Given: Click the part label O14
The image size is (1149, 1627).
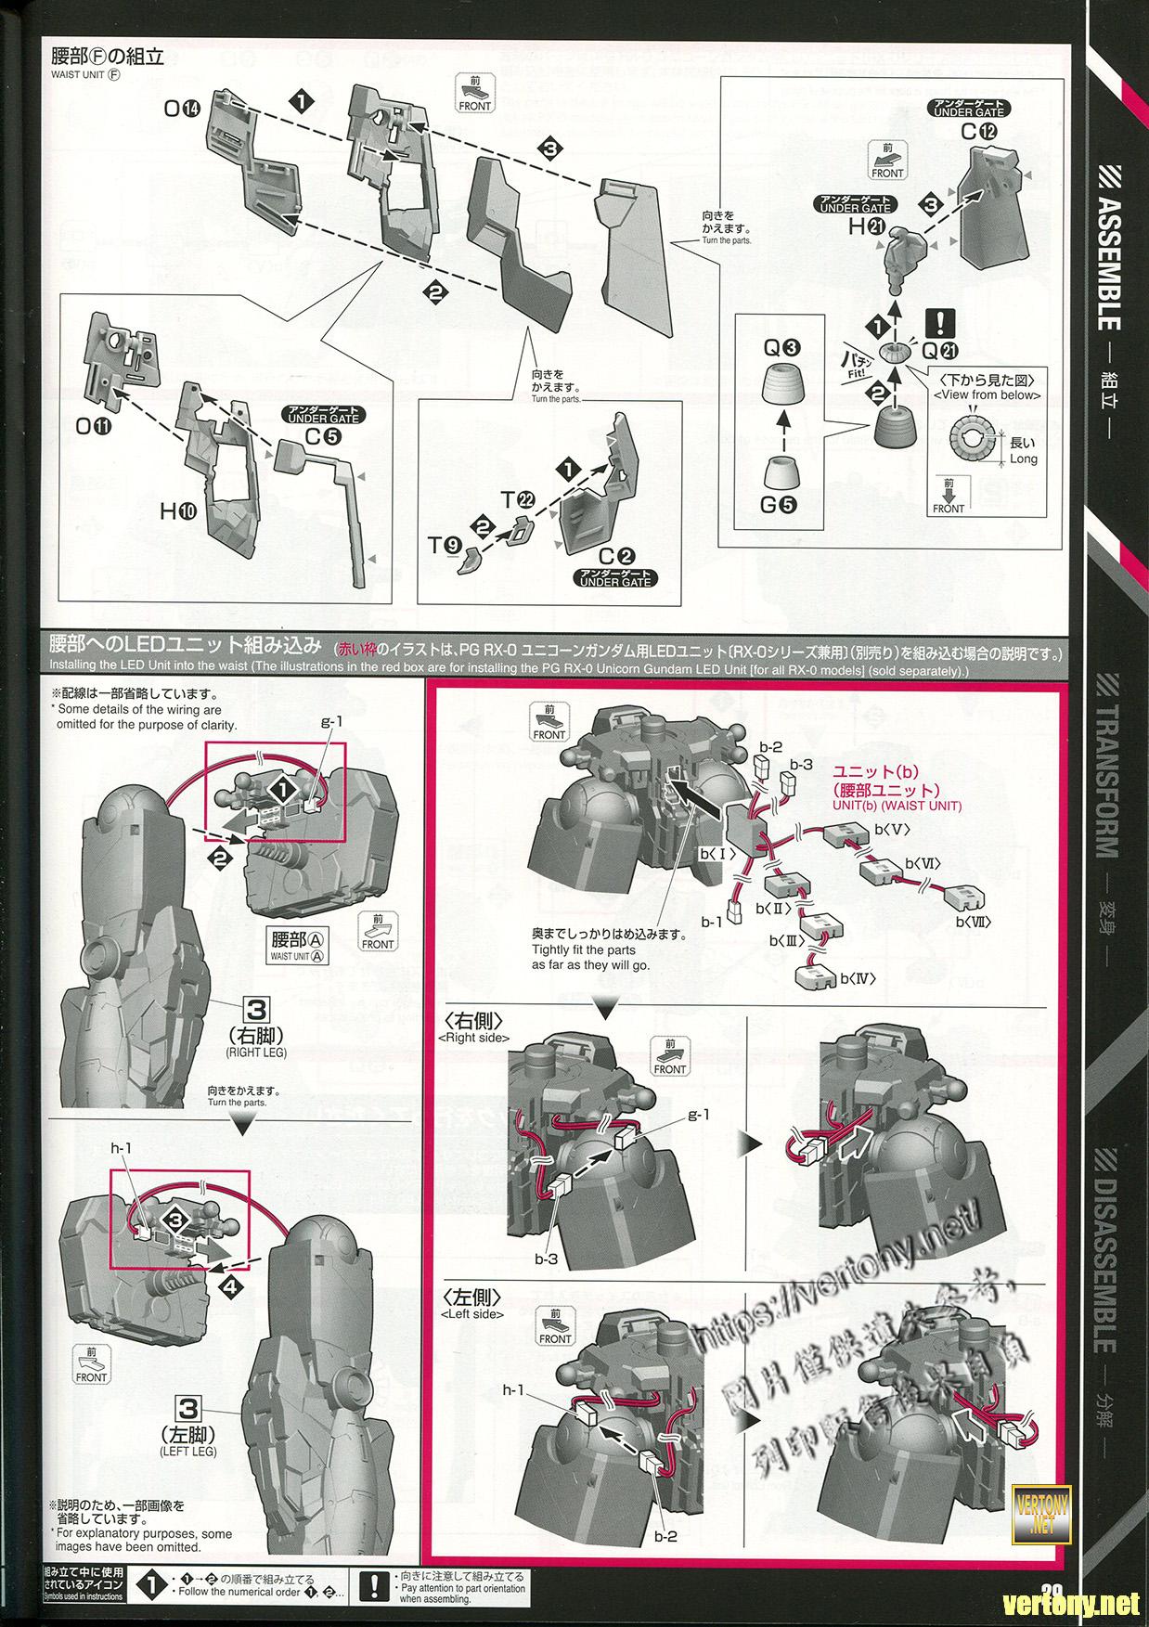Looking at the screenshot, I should point(182,109).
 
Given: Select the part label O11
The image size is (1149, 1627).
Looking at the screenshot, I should point(94,428).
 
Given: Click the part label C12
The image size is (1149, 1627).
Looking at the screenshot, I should point(979,132).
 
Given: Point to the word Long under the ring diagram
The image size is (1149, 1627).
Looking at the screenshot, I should point(1024,458).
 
